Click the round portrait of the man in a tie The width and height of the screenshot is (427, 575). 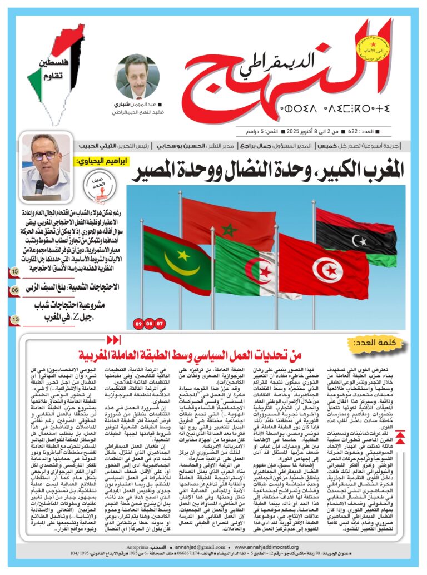[x=137, y=77]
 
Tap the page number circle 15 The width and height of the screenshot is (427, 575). [x=15, y=271]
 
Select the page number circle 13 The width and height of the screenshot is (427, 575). [x=15, y=320]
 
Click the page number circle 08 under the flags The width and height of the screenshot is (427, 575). [x=150, y=323]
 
